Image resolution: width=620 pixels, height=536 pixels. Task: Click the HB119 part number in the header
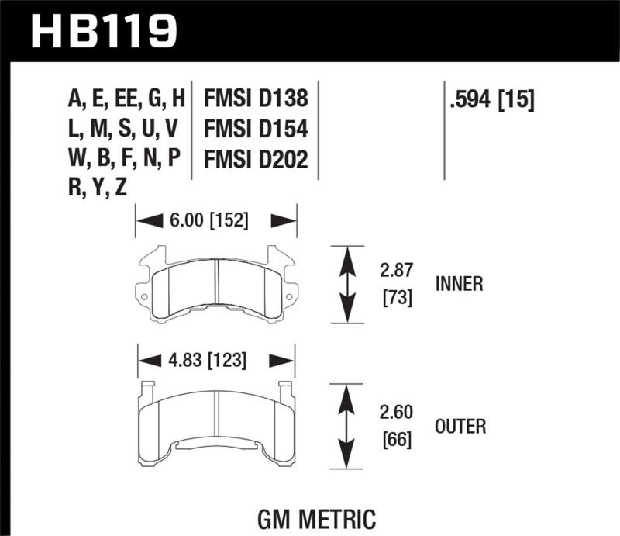[x=105, y=31]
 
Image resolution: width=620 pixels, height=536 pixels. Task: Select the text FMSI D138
[x=256, y=99]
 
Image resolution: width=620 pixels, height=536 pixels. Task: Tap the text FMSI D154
[x=256, y=129]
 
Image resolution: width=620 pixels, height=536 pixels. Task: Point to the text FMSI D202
[x=256, y=159]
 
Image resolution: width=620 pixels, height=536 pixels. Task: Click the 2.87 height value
[x=396, y=270]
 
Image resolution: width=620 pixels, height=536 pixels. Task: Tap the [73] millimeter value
[x=396, y=298]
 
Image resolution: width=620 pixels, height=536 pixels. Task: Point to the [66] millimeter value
[x=396, y=440]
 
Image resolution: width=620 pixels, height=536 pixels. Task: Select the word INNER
[x=459, y=284]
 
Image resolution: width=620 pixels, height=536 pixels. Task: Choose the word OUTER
[x=460, y=426]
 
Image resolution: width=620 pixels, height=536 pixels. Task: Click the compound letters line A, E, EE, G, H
[x=127, y=99]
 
